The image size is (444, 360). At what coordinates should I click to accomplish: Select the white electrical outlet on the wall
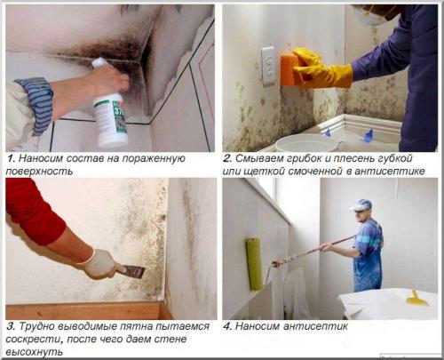click(268, 66)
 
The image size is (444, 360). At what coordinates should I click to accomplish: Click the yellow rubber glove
click(322, 68)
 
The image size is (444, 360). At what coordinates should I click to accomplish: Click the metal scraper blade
click(135, 271)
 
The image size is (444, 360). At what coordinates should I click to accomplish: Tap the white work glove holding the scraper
click(99, 265)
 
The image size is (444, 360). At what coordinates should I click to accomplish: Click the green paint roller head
click(254, 264)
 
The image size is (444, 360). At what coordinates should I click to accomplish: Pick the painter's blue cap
click(361, 205)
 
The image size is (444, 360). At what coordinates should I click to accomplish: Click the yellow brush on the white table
click(416, 300)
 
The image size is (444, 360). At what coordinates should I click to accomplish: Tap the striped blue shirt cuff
click(36, 104)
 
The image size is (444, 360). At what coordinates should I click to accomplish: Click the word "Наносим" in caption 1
click(40, 158)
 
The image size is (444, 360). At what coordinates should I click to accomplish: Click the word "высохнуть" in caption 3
click(35, 352)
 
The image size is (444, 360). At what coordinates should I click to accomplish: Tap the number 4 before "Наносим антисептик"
click(226, 326)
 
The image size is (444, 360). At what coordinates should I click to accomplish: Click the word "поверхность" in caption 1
click(39, 172)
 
